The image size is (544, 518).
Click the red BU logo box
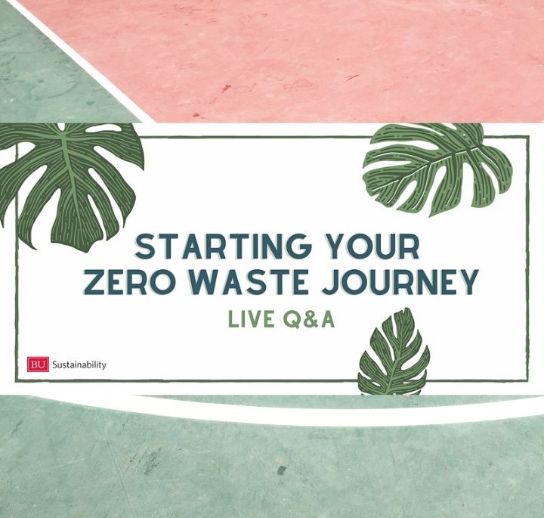click(x=38, y=364)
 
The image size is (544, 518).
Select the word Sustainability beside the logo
click(x=79, y=364)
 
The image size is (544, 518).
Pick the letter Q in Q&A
click(x=290, y=318)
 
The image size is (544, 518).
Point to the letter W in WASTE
click(x=198, y=281)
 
